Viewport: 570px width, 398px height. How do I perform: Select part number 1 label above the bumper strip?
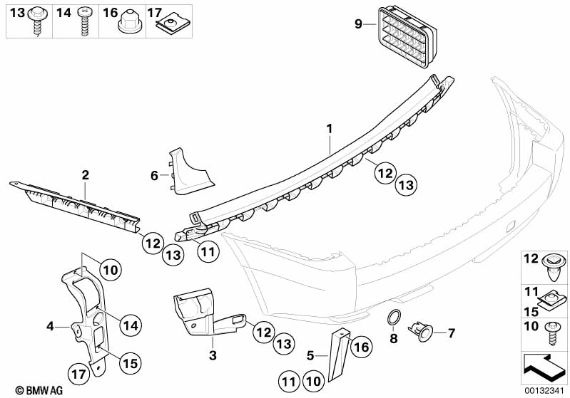click(330, 129)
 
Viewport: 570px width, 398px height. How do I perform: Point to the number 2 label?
click(85, 174)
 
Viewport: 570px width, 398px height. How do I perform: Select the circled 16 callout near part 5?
click(360, 347)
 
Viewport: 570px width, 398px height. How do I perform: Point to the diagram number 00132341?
click(545, 389)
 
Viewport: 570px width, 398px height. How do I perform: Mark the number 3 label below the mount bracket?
click(212, 354)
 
